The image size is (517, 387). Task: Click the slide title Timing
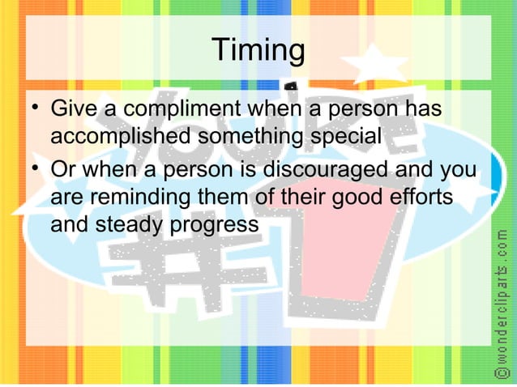[x=258, y=51]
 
